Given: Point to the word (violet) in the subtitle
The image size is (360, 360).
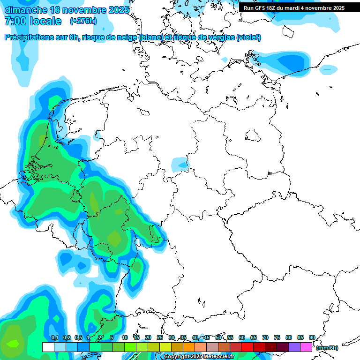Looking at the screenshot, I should point(248,37).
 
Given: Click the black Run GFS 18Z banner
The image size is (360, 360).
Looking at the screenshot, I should point(294,8).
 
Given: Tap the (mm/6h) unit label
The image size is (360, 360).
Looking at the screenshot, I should point(327,348).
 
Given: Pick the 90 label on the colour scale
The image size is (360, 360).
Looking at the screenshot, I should point(312,337).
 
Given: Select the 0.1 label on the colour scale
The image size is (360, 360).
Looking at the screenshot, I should point(54,337).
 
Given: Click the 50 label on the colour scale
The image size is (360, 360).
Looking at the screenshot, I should point(218,337).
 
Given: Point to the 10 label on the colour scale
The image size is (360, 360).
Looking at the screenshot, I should point(125,337).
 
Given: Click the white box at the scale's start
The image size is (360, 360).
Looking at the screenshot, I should point(48,347).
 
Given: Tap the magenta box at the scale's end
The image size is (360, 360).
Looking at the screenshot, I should point(306,347).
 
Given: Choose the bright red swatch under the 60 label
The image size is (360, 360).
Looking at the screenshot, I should point(247,347).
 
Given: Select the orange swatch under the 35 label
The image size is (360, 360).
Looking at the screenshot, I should point(189,347).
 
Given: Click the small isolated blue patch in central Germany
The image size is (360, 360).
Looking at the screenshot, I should point(180,165).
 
